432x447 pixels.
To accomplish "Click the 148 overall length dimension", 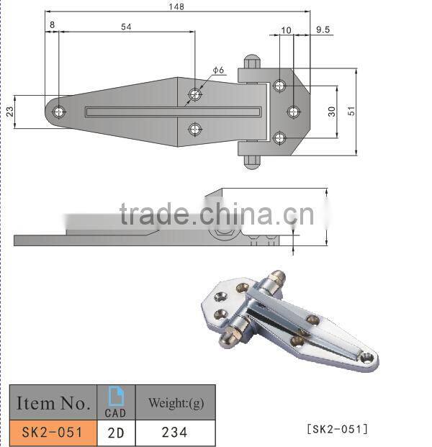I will (176, 6).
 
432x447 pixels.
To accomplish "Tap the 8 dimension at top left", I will (52, 26).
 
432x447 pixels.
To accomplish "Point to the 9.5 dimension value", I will (322, 30).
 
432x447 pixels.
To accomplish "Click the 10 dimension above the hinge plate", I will (286, 30).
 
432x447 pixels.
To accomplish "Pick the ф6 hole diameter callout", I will (218, 71).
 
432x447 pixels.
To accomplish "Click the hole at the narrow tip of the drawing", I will (58, 112).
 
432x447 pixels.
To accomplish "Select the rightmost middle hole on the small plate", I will (293, 111).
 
